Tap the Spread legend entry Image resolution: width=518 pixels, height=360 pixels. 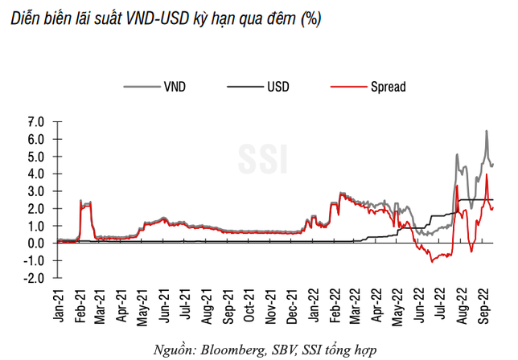pos(388,84)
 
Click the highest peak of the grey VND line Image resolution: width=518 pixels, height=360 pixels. pos(486,131)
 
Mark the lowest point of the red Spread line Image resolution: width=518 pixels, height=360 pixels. pos(432,262)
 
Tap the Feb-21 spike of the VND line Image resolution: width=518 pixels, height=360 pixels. pos(81,201)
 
